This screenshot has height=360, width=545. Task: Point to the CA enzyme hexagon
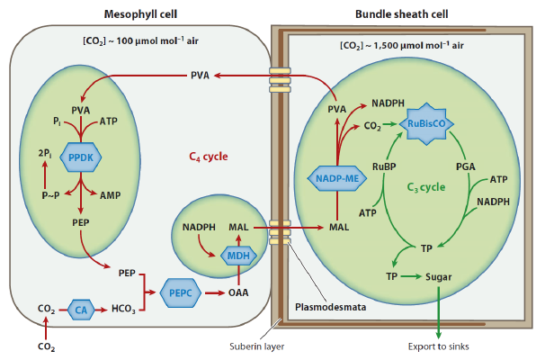coord(80,310)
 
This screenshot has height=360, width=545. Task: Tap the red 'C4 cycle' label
coord(209,156)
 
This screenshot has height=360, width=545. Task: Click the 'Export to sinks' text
coord(439,343)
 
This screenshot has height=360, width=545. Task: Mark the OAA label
coord(238,292)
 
